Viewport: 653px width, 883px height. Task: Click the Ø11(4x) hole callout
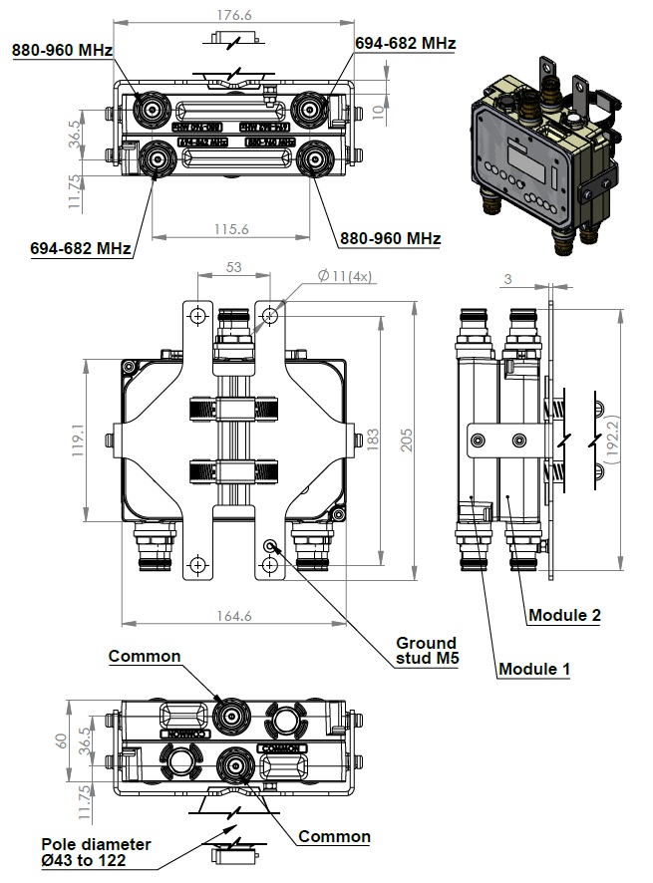point(344,276)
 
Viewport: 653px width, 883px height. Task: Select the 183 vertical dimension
point(372,439)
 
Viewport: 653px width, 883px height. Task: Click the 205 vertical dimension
point(406,439)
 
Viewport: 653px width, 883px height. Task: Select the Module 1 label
point(534,669)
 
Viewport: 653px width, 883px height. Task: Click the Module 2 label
point(564,615)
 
